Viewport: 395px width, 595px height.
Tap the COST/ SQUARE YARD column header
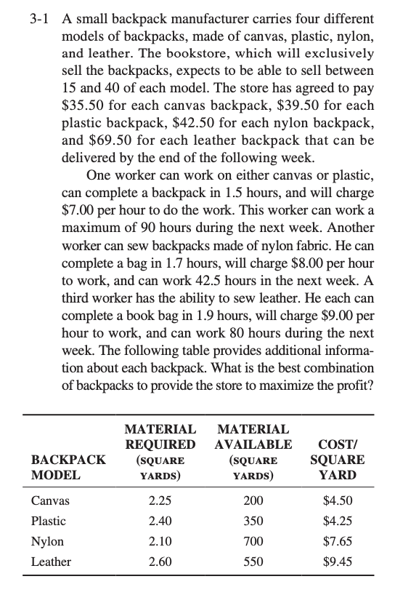pos(338,460)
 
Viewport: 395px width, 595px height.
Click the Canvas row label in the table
pos(47,501)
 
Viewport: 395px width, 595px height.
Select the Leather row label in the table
pos(51,562)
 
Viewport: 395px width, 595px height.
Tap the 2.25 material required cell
pos(160,501)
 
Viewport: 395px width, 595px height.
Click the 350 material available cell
pos(253,522)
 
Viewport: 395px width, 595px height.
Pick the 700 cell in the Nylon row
pos(253,542)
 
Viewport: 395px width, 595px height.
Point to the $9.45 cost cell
pos(338,562)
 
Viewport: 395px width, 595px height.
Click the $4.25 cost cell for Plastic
pos(338,522)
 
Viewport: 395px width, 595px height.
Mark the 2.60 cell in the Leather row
pos(160,562)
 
